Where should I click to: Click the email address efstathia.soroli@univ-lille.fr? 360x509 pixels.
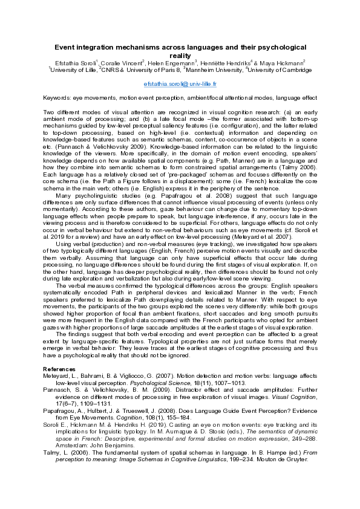pyautogui.click(x=180, y=85)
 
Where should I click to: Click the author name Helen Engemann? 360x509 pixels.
pyautogui.click(x=169, y=62)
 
